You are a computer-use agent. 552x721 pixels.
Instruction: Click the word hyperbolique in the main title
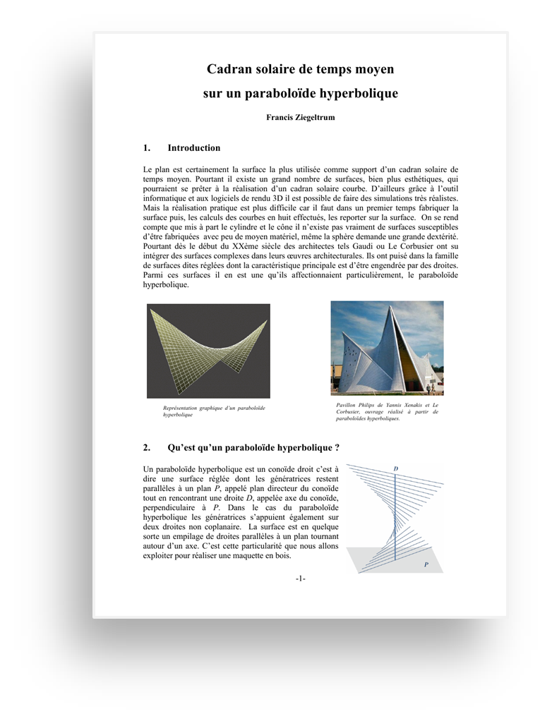point(359,93)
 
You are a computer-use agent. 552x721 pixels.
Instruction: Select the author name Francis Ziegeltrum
point(300,117)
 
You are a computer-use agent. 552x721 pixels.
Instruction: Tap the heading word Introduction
point(193,148)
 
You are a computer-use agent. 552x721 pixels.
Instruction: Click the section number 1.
point(146,148)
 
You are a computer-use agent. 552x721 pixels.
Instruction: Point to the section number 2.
point(146,447)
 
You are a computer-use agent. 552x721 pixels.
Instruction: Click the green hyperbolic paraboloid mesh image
point(208,351)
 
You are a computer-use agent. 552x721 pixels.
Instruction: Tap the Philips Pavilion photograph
point(387,348)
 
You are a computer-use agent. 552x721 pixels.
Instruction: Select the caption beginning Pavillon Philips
point(387,411)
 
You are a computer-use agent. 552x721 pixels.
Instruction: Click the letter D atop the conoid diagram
point(395,469)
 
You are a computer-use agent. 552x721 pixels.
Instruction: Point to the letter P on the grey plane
point(426,564)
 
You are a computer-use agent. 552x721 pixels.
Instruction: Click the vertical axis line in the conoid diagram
point(395,515)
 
